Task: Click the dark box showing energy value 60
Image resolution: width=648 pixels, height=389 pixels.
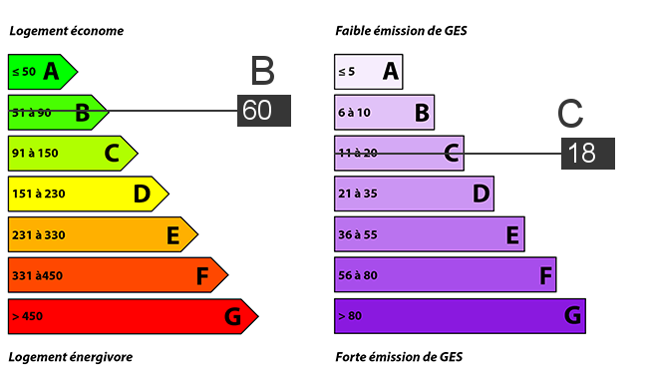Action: point(264,111)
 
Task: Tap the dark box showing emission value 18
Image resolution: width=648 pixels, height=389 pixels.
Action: point(587,154)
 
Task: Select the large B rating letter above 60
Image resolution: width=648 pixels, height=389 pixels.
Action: point(263,71)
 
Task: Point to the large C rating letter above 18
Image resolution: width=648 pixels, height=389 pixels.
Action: point(570,114)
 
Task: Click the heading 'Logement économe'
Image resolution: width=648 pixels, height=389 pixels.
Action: point(67,31)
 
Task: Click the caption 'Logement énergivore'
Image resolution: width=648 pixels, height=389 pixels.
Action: point(71,357)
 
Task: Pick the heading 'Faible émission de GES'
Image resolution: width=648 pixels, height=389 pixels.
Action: point(402,31)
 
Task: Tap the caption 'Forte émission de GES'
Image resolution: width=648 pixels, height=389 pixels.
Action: point(399,357)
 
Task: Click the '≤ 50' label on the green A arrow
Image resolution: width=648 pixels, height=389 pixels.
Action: point(24,72)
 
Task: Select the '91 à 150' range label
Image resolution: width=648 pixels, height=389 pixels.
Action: point(35,154)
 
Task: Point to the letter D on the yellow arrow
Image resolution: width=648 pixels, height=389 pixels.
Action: point(142,194)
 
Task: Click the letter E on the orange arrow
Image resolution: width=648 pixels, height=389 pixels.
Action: point(173,234)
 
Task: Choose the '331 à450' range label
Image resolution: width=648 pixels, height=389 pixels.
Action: point(37,275)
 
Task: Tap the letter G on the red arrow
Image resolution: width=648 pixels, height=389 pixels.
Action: point(232,316)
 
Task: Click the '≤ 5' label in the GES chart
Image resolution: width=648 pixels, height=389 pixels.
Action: point(346,72)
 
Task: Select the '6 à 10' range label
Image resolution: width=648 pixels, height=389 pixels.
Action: point(354,113)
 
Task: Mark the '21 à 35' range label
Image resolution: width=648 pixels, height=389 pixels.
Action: point(358,194)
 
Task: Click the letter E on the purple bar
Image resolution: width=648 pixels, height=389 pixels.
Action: point(512,234)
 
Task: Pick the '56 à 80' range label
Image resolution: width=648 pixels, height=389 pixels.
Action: point(358,275)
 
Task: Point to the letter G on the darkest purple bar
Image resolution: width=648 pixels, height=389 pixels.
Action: point(573,315)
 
